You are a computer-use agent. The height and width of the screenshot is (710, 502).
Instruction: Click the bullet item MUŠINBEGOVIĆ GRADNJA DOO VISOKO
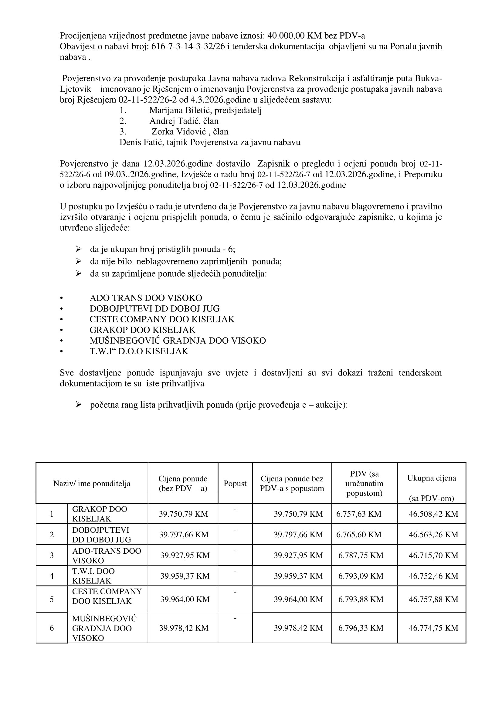pyautogui.click(x=178, y=341)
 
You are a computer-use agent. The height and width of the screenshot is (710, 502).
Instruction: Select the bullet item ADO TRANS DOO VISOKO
pyautogui.click(x=146, y=298)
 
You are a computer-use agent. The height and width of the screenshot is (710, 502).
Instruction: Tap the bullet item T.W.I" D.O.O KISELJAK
pyautogui.click(x=139, y=351)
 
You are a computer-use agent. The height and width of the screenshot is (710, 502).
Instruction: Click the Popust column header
pyautogui.click(x=235, y=483)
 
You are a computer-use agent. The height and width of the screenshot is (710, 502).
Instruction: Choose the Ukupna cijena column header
pyautogui.click(x=431, y=478)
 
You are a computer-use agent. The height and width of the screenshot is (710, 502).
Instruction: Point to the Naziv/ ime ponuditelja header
pyautogui.click(x=92, y=483)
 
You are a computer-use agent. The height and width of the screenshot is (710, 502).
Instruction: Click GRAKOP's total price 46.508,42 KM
pyautogui.click(x=433, y=514)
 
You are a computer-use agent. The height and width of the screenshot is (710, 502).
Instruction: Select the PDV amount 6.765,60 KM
pyautogui.click(x=358, y=534)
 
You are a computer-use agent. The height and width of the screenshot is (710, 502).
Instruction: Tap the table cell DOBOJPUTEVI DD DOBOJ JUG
pyautogui.click(x=101, y=534)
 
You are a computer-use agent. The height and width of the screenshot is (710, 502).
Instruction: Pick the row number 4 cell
pyautogui.click(x=52, y=576)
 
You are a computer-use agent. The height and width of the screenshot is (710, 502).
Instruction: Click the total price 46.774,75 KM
pyautogui.click(x=433, y=628)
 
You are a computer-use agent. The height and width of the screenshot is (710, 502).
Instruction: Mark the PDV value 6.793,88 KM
pyautogui.click(x=361, y=599)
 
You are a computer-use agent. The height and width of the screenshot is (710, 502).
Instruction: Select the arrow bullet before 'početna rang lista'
pyautogui.click(x=78, y=405)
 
